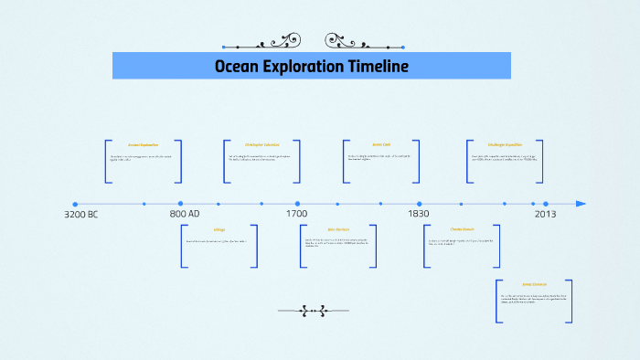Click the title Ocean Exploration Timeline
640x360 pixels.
[x=311, y=66]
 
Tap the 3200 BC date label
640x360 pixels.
[x=81, y=214]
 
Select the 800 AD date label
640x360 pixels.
[x=185, y=214]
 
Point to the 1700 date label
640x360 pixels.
[x=295, y=214]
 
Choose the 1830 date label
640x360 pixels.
[x=418, y=214]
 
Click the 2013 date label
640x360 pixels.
[x=545, y=214]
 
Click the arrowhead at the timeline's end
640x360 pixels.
[x=581, y=204]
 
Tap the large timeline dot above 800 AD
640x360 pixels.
[x=180, y=204]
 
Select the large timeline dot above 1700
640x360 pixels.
[x=297, y=204]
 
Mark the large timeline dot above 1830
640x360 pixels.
[x=420, y=204]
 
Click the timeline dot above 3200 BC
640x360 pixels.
[x=75, y=204]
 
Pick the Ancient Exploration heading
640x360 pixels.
[x=144, y=144]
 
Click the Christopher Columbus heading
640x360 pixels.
[x=261, y=144]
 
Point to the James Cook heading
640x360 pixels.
[x=381, y=144]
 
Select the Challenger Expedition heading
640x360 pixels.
[x=505, y=144]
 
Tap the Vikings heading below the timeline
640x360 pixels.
[x=219, y=229]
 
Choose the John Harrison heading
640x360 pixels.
[x=337, y=229]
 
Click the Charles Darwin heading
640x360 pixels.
[x=462, y=229]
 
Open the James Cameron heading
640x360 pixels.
[x=534, y=285]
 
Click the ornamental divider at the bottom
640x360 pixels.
[x=314, y=311]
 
